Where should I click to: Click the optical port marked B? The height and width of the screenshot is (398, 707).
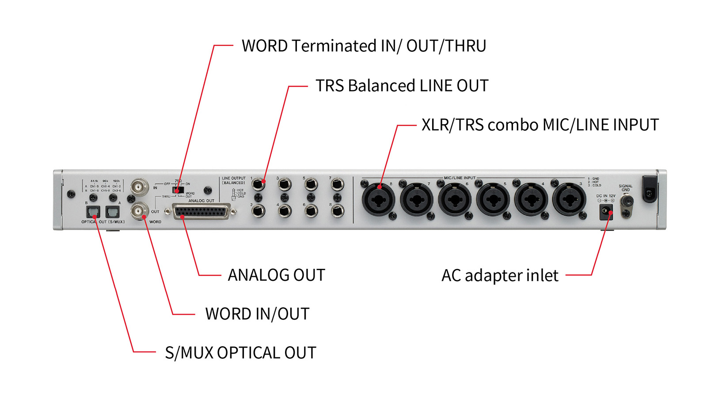pos(93,212)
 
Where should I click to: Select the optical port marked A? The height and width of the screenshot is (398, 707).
pos(113,212)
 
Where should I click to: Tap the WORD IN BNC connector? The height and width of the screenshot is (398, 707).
pos(139,187)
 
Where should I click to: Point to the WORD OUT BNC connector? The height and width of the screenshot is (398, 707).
pos(139,211)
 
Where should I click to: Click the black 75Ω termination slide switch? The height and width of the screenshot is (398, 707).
pos(178,190)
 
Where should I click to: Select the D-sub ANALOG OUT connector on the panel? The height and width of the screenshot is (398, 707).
pos(201,212)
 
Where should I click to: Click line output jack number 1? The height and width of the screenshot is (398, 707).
pos(258,184)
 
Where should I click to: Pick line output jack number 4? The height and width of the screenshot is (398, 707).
pos(285,211)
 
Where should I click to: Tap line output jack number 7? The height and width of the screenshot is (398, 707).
pos(337,184)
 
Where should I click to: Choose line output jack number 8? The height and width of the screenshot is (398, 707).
pos(337,211)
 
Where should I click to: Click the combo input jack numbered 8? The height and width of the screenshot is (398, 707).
pos(378,199)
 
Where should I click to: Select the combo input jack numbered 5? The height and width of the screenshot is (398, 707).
pos(492,199)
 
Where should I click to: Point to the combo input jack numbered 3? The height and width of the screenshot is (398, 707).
pos(569,199)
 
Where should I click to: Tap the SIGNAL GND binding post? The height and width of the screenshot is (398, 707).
pos(626,202)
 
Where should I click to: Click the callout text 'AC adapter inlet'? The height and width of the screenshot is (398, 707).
pos(500,276)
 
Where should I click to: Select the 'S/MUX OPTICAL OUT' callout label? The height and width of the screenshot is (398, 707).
pos(240,353)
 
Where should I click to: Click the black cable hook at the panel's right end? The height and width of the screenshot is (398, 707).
pos(649,189)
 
